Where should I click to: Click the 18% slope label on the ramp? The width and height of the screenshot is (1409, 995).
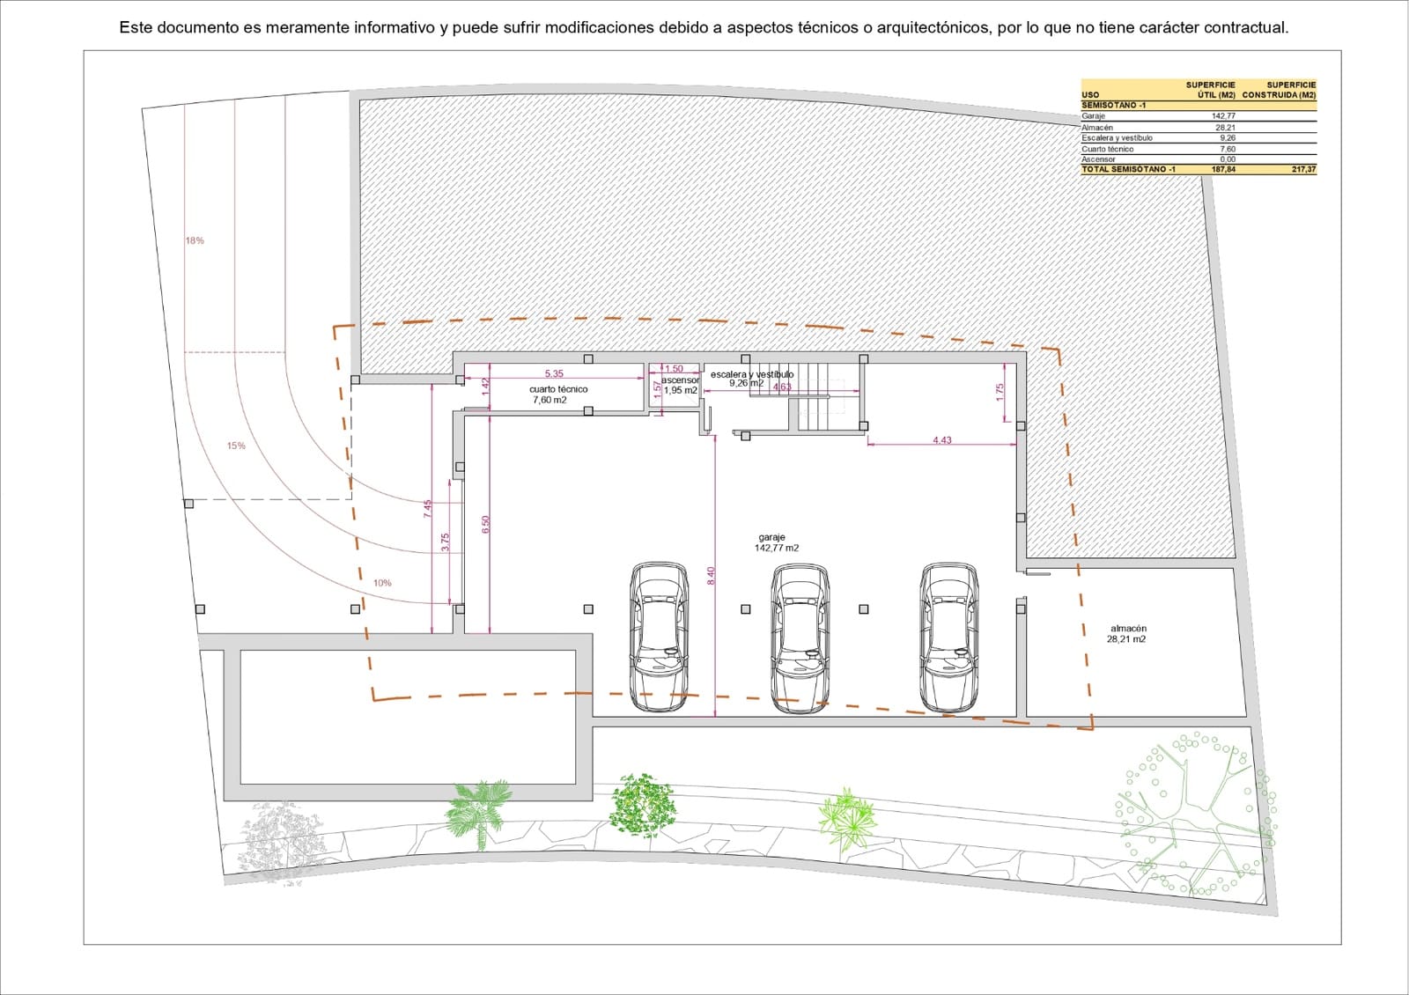[195, 240]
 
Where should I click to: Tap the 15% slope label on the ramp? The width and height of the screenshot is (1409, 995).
[236, 446]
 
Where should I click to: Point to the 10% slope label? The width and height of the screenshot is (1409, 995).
[382, 583]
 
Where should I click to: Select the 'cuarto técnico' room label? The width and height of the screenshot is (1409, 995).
[558, 389]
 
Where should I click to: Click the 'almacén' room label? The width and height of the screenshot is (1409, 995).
[1128, 629]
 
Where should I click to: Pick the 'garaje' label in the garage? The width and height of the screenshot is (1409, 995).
[771, 537]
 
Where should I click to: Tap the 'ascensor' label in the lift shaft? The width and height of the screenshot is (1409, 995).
[680, 380]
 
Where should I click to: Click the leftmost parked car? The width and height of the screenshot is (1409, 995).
[659, 638]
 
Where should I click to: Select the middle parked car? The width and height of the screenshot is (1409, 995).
[800, 638]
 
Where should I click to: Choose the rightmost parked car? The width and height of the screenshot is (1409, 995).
[948, 638]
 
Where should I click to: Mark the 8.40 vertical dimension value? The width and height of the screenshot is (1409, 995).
[712, 575]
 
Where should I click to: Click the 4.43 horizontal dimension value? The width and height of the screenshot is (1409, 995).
[942, 440]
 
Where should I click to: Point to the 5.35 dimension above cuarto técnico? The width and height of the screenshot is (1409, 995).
[554, 374]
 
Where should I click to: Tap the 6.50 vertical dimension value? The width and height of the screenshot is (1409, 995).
[485, 524]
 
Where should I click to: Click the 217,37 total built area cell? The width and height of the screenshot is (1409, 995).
[1303, 169]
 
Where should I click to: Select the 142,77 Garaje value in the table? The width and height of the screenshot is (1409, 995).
[1223, 116]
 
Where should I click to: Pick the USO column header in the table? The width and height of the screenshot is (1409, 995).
[1090, 95]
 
